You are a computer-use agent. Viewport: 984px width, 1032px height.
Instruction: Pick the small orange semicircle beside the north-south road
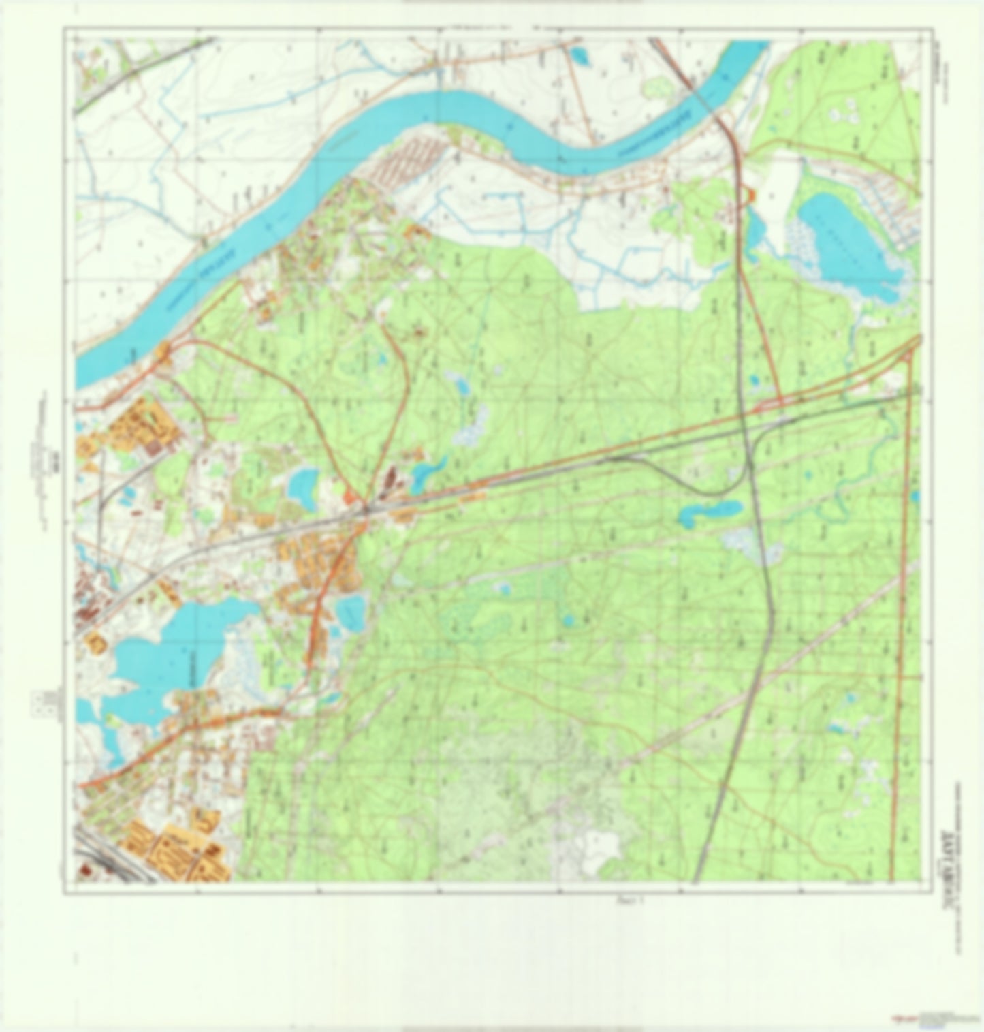[751, 196]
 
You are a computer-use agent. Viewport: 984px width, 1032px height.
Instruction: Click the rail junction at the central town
[366, 507]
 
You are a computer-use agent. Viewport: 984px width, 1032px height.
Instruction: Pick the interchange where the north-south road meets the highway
[769, 407]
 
